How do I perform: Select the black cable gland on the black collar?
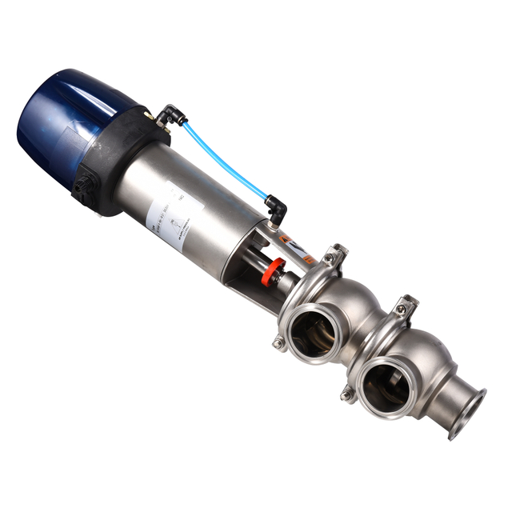click(82, 190)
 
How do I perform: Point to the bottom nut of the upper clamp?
click(278, 343)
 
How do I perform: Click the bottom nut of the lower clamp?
click(346, 394)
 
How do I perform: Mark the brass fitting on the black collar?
click(150, 116)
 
